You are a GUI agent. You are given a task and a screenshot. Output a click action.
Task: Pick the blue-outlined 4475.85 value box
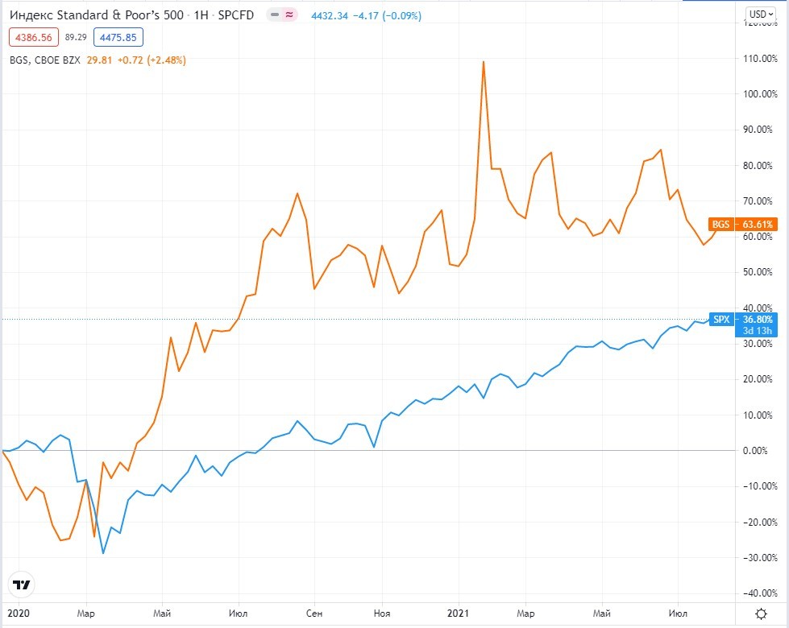click(x=118, y=36)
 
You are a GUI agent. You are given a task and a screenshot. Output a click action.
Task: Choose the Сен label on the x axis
click(x=314, y=613)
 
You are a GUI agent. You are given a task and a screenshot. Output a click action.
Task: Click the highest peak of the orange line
click(x=483, y=61)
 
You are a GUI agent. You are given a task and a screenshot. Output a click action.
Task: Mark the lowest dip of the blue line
click(x=103, y=553)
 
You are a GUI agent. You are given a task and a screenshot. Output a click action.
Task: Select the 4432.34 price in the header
click(x=329, y=15)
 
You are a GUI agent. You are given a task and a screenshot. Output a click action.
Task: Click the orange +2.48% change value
click(x=165, y=60)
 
